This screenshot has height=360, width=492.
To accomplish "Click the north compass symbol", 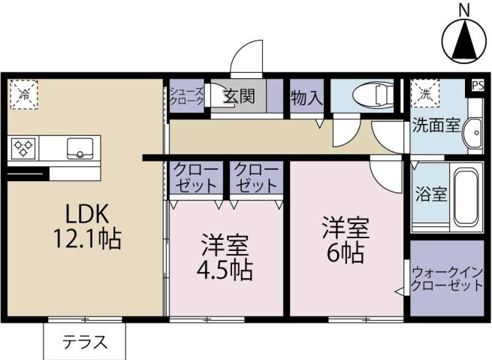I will pyautogui.click(x=464, y=37).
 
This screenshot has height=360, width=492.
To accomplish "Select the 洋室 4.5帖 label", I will pyautogui.click(x=225, y=258).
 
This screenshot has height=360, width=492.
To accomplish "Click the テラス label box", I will pyautogui.click(x=83, y=343).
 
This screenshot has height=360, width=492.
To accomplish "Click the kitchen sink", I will pyautogui.click(x=80, y=148).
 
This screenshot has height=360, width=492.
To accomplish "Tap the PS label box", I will pyautogui.click(x=477, y=86).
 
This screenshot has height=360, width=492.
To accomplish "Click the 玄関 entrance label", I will pyautogui.click(x=239, y=96).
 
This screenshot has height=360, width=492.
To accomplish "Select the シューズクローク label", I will pyautogui.click(x=186, y=95).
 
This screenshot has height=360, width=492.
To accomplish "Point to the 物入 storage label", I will pyautogui.click(x=306, y=97).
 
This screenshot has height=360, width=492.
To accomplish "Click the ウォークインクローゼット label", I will pyautogui.click(x=446, y=279).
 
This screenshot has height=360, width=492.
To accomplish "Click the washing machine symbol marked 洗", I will pyautogui.click(x=425, y=95).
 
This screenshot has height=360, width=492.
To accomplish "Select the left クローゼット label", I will pyautogui.click(x=197, y=177).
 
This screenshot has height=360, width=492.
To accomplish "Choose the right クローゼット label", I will pyautogui.click(x=256, y=177).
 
